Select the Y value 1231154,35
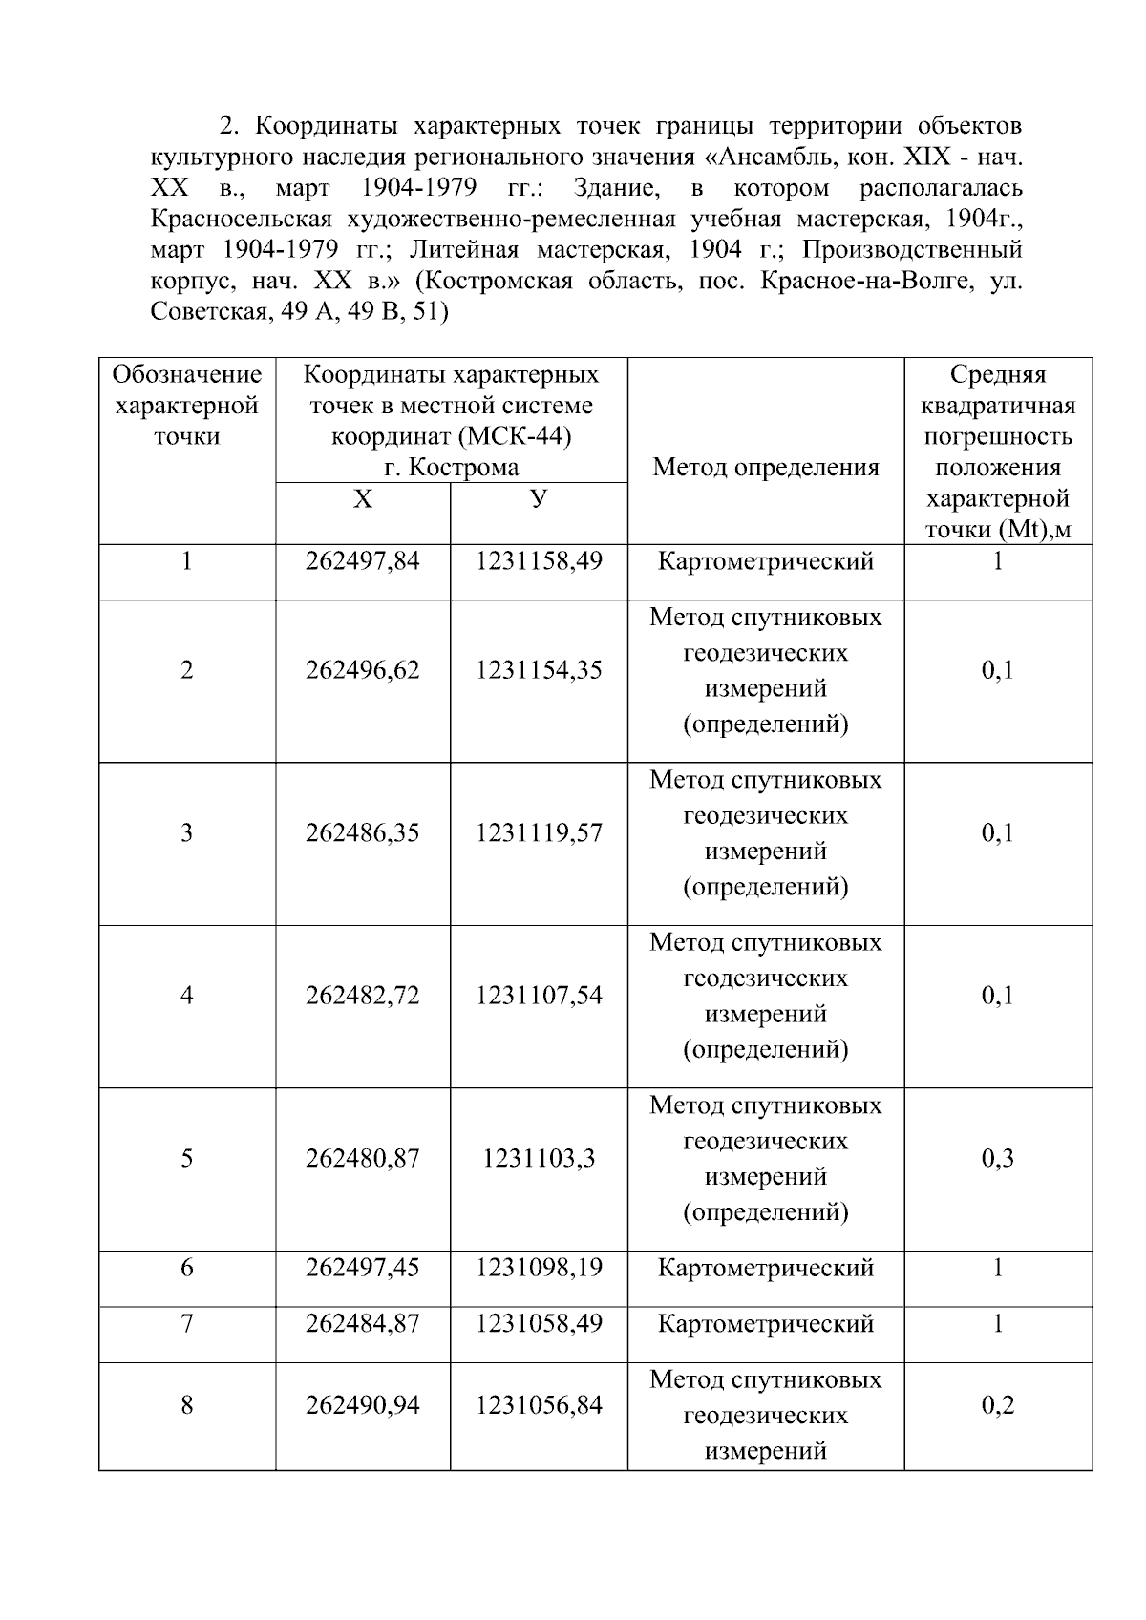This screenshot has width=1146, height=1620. click(539, 670)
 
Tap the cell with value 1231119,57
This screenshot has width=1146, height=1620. click(539, 833)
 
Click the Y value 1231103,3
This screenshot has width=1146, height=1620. click(539, 1159)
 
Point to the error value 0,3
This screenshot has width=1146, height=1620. click(997, 1159)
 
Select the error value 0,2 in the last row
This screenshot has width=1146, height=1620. click(997, 1405)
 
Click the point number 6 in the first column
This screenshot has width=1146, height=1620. click(186, 1268)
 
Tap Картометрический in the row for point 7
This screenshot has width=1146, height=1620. click(765, 1324)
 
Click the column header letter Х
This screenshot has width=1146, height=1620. click(362, 499)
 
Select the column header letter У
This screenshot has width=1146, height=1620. click(539, 499)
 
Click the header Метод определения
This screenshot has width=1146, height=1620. click(765, 468)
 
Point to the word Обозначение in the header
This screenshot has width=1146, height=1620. click(186, 374)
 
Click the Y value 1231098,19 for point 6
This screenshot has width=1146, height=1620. click(539, 1268)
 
